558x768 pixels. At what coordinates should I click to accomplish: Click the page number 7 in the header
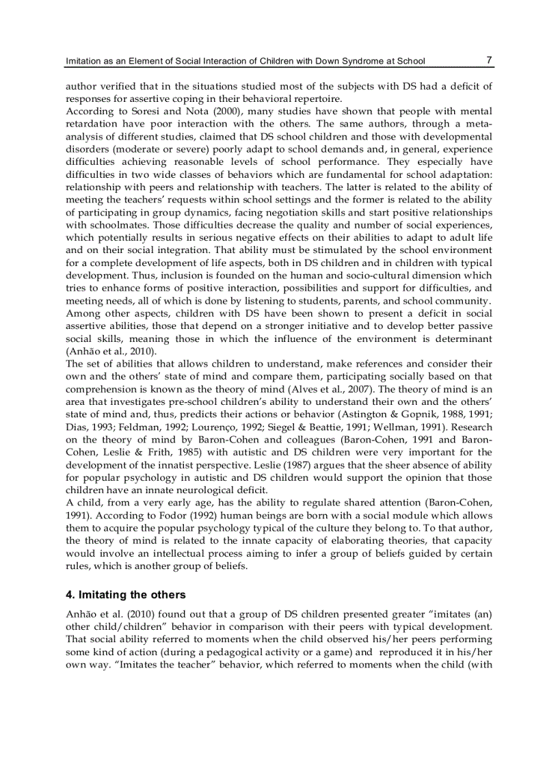point(488,60)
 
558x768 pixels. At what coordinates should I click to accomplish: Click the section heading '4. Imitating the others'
point(125,594)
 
